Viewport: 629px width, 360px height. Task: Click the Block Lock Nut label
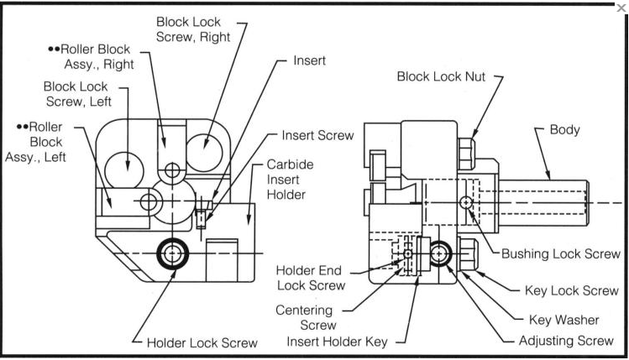click(442, 77)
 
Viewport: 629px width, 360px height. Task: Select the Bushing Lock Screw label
click(560, 253)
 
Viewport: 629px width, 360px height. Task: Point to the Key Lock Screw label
click(572, 290)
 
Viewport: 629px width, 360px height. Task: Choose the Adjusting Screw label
click(568, 342)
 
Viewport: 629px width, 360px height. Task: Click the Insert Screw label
click(317, 135)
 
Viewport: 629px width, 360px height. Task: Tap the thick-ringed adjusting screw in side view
click(442, 254)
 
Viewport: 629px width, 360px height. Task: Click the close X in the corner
click(621, 8)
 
